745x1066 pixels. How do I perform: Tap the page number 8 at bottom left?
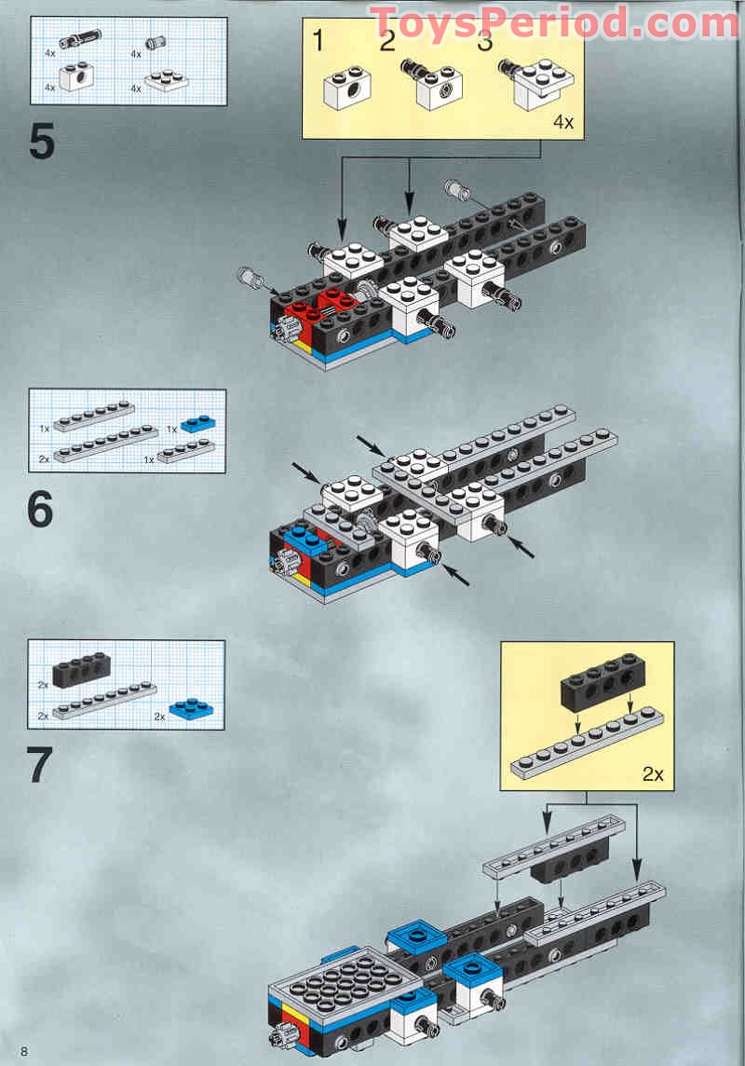(23, 1052)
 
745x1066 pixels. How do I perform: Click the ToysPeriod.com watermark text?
(553, 22)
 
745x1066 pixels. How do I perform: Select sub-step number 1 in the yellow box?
(319, 40)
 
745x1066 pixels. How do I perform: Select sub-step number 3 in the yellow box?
(484, 40)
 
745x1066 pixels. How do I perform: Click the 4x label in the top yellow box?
(563, 122)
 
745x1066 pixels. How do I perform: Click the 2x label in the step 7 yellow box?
(652, 772)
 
